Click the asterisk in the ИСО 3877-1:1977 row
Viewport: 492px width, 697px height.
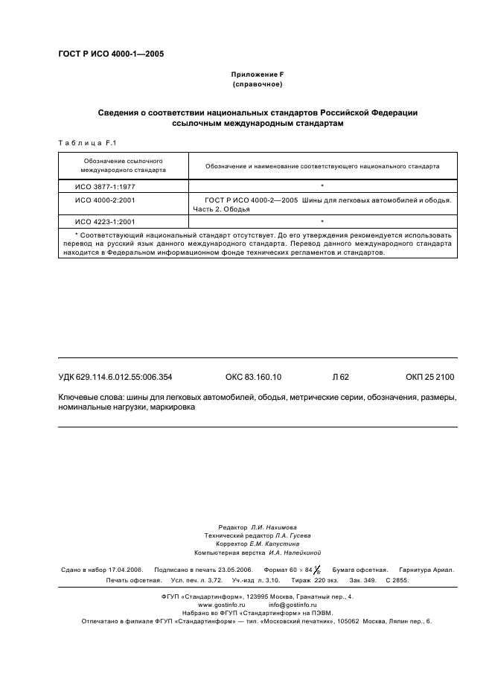pyautogui.click(x=322, y=185)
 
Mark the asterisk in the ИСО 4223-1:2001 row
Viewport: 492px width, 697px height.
pyautogui.click(x=322, y=221)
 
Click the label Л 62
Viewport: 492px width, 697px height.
pyautogui.click(x=340, y=378)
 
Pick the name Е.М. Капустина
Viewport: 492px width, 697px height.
pyautogui.click(x=276, y=544)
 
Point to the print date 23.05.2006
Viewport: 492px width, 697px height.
pyautogui.click(x=231, y=570)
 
